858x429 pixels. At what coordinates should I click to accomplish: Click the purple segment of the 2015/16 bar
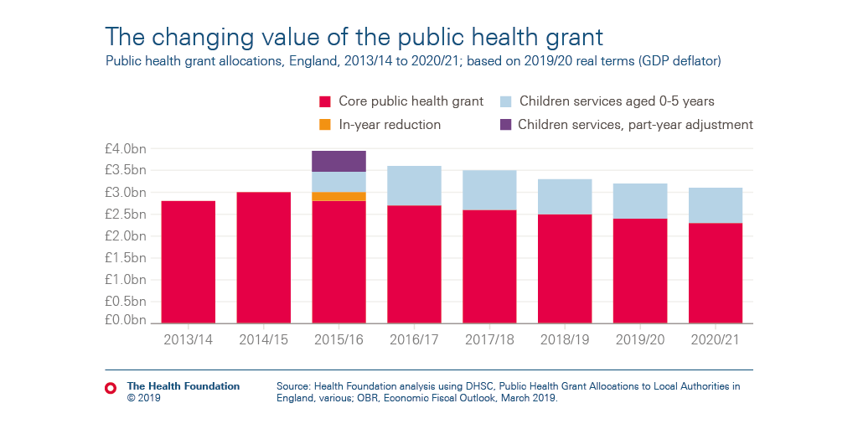(x=339, y=161)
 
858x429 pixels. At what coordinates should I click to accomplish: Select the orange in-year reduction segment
(x=339, y=196)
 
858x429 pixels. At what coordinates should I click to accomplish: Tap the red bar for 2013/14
(x=189, y=261)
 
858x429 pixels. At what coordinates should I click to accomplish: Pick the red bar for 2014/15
(x=264, y=257)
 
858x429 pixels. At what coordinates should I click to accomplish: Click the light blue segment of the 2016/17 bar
(x=414, y=185)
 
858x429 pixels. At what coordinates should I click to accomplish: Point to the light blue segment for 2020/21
(x=715, y=205)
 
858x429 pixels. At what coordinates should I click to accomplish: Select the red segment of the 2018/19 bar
(x=565, y=268)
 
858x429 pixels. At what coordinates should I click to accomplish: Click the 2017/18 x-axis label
(x=489, y=339)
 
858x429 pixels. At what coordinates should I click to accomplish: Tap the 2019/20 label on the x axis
(x=640, y=339)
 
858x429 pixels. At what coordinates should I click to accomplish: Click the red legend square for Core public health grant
(x=326, y=102)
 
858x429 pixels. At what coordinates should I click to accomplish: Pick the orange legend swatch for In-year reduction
(x=326, y=125)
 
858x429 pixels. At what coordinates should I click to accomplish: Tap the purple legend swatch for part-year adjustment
(x=505, y=125)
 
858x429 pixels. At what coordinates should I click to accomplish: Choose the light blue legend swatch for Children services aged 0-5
(x=505, y=102)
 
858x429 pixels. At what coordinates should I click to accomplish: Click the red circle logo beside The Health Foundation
(x=111, y=388)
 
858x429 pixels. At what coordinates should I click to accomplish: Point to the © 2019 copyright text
(x=143, y=399)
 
